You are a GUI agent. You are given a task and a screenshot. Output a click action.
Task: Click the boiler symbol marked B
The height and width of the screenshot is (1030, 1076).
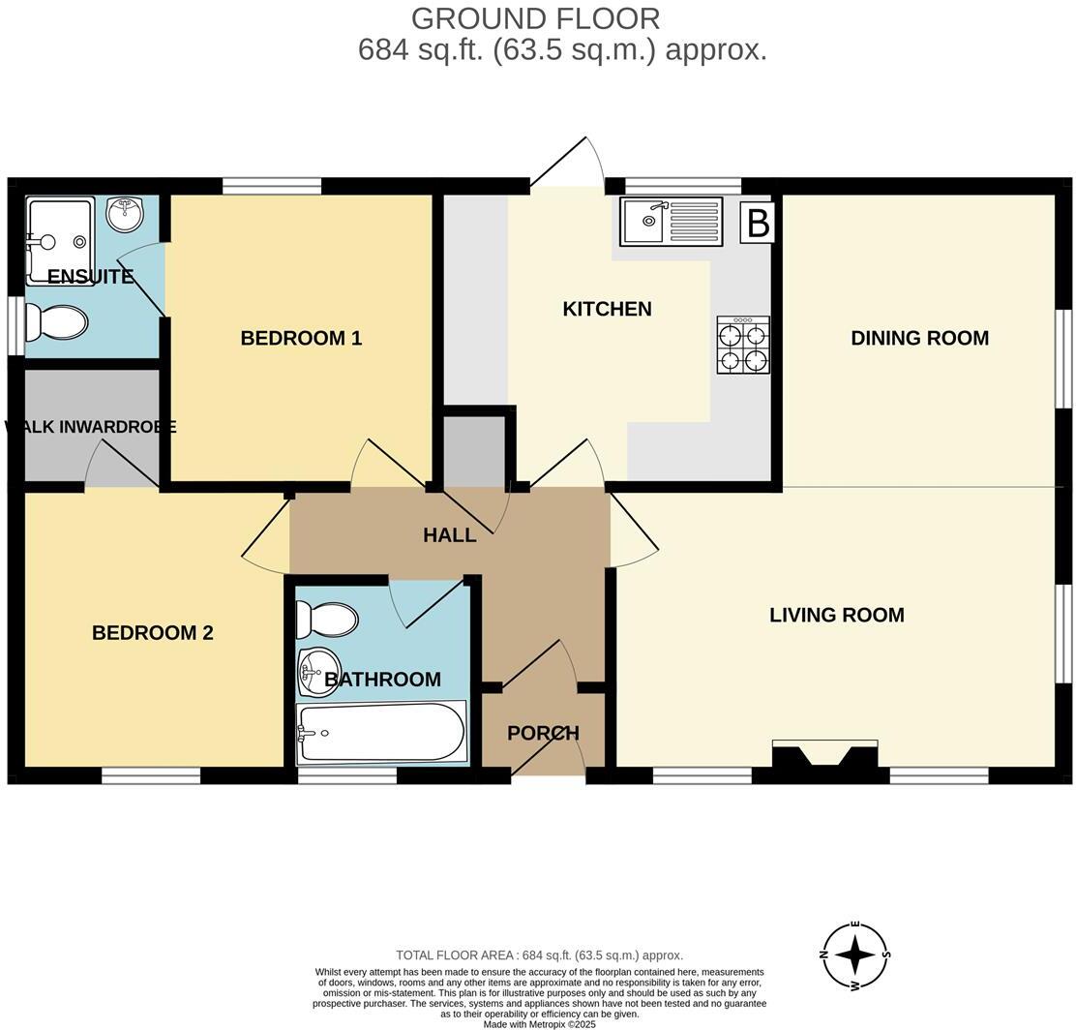758,223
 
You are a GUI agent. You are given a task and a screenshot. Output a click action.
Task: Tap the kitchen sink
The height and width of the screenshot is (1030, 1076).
672,222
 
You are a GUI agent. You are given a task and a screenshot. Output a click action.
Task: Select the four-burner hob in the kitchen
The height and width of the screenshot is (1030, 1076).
743,345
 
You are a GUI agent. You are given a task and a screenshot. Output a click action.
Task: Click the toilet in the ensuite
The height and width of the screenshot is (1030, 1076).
56,322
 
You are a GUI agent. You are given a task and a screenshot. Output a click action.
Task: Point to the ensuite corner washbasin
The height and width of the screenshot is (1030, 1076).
125,213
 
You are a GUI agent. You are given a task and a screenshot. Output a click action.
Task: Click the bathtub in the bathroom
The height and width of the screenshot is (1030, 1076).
381,733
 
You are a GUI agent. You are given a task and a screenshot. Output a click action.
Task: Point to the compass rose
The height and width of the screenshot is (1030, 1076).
854,956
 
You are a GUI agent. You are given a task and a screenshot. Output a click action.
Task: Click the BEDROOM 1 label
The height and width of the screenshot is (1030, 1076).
301,338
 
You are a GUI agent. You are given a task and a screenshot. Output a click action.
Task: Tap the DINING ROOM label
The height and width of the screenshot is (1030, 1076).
919,338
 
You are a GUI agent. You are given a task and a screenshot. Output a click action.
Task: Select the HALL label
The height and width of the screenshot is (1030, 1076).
449,535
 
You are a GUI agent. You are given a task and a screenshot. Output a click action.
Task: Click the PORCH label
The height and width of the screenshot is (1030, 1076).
543,733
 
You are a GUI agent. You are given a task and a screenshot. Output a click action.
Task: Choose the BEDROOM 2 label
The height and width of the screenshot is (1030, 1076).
152,633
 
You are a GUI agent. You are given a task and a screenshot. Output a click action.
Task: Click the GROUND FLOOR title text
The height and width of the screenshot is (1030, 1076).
535,18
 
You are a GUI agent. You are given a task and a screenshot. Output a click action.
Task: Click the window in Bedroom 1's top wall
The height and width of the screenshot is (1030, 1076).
272,186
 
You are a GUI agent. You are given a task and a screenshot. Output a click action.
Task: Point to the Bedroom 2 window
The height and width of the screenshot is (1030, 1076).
151,775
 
